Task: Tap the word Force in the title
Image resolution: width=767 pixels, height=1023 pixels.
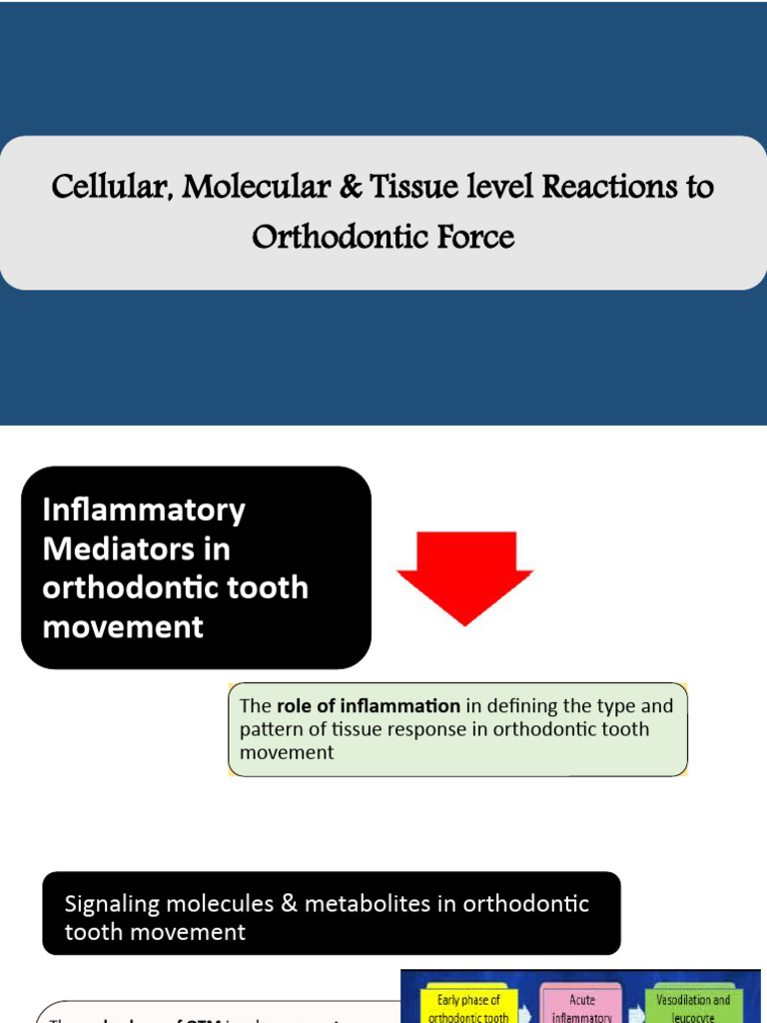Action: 474,238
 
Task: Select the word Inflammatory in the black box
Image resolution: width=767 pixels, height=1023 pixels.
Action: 143,511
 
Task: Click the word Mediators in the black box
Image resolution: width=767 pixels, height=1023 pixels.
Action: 121,549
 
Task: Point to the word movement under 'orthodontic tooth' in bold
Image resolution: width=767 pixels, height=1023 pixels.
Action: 122,627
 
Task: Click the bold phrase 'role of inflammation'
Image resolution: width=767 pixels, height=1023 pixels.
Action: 369,706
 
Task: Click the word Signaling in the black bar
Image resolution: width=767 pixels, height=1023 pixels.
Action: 112,904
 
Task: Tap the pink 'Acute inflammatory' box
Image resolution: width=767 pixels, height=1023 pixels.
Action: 581,1004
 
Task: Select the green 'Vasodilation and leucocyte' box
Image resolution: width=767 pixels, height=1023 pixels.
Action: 693,1004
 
